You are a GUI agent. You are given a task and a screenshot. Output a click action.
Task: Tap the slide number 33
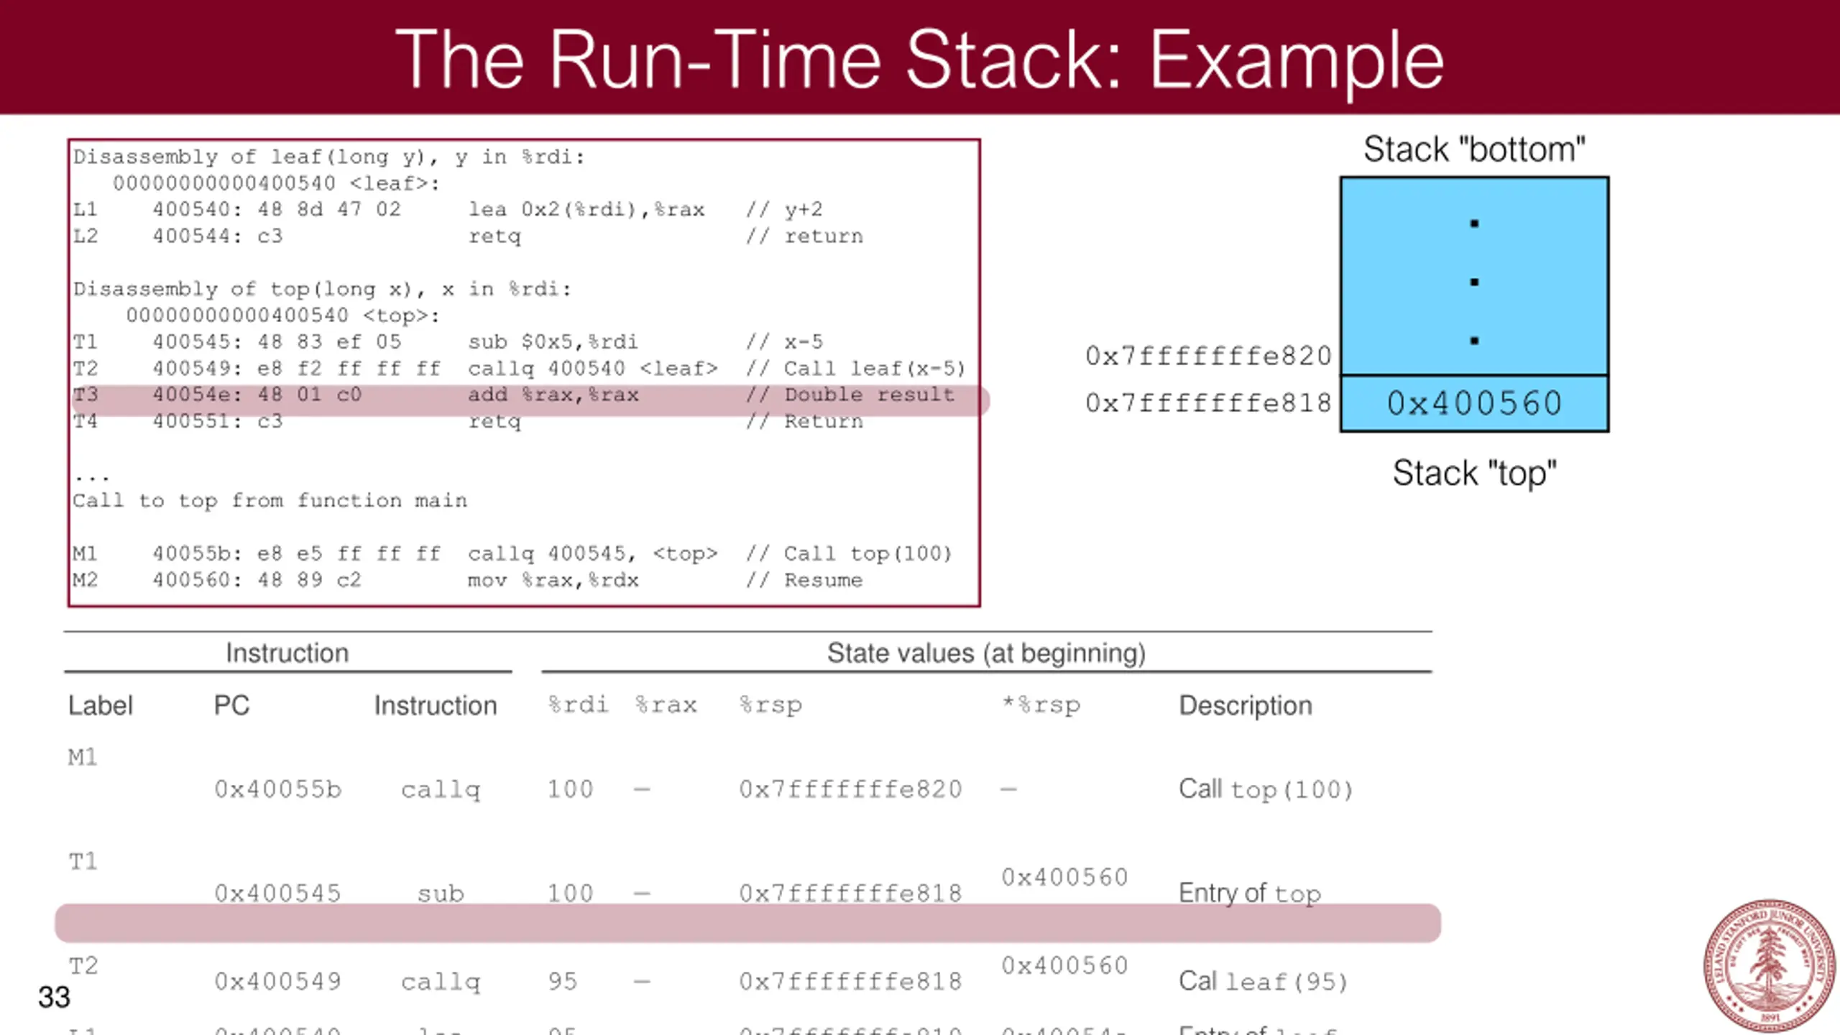[54, 997]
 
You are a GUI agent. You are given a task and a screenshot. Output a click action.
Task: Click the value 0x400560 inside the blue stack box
[1474, 403]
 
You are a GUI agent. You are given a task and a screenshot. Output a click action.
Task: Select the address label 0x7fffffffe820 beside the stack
[1208, 356]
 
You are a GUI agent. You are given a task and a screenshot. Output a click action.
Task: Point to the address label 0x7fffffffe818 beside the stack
[1208, 403]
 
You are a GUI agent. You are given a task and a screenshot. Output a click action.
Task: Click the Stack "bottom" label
[1474, 149]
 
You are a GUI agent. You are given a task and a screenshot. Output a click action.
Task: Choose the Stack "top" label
[1474, 473]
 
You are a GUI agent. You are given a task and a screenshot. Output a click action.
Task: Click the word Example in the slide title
[1297, 62]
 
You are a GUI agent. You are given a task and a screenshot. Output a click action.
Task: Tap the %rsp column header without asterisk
[770, 705]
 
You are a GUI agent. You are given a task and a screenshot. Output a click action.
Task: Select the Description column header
[1246, 705]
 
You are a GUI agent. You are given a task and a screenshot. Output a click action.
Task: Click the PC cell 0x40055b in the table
[278, 789]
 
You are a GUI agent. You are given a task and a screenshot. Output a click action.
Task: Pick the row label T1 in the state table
[83, 861]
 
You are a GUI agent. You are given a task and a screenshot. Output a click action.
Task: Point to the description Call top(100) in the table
[1266, 789]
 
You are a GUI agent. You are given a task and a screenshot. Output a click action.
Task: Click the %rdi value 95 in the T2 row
[563, 981]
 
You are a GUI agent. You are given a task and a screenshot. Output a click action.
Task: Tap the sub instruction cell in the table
[441, 893]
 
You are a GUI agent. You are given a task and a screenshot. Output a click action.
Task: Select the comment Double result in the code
[869, 395]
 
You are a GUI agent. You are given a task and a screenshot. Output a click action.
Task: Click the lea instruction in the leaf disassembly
[586, 210]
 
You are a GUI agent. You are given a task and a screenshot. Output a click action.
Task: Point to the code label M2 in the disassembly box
[85, 580]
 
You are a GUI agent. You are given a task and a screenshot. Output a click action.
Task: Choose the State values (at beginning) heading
[986, 653]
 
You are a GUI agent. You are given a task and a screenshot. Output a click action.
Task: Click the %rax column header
[666, 705]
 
